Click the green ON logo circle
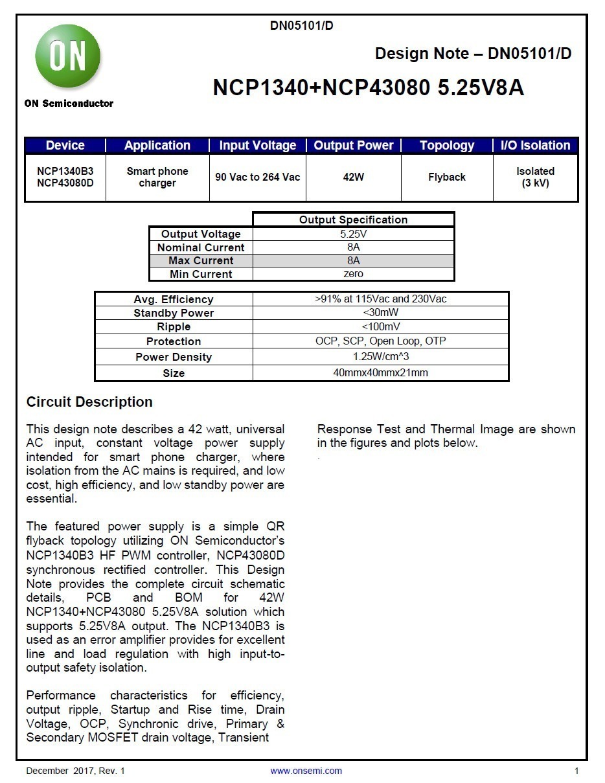click(68, 57)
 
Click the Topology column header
click(447, 145)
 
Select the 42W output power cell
click(354, 177)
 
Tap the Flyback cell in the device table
click(447, 177)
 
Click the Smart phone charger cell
click(157, 177)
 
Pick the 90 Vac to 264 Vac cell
click(258, 177)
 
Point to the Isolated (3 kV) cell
click(535, 177)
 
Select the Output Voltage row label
click(201, 234)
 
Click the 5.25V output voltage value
click(353, 234)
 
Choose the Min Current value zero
click(353, 274)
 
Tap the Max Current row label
click(201, 260)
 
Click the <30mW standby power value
click(380, 313)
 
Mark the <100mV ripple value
click(380, 327)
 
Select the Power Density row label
click(174, 357)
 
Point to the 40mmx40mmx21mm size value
click(380, 373)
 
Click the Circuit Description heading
click(89, 402)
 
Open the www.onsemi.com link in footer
click(306, 771)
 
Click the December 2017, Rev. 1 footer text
click(75, 771)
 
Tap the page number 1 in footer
click(576, 771)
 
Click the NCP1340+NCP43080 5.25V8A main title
click(368, 87)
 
